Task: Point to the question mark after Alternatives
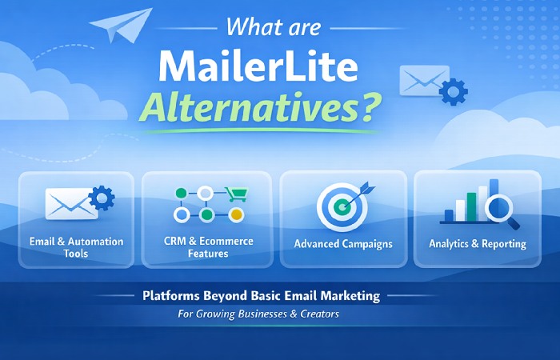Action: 370,106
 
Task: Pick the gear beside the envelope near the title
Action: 453,91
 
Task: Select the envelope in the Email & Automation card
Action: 69,204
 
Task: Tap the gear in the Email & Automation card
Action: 102,198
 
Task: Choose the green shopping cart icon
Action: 235,194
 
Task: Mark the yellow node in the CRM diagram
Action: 235,214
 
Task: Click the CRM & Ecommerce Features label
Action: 206,247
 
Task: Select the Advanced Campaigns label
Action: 343,243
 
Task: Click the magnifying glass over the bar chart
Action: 500,208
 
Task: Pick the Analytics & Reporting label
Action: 478,243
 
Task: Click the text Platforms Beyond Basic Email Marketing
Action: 262,296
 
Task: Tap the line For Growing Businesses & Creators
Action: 258,314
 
